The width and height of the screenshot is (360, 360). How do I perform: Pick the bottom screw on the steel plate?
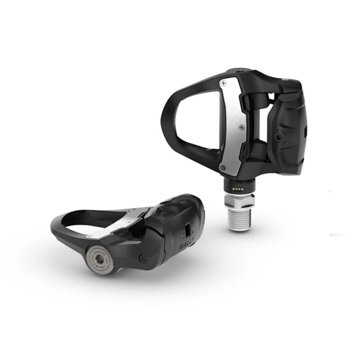223,167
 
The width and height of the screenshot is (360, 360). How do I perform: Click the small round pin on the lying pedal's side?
143,259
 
